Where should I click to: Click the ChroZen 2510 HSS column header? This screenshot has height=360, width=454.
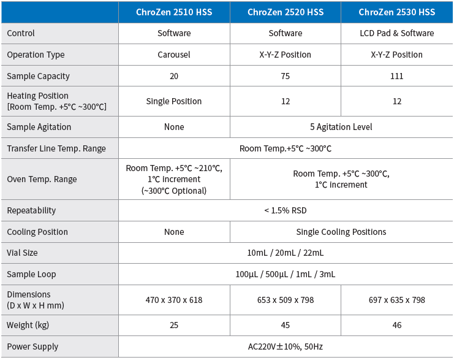(x=174, y=12)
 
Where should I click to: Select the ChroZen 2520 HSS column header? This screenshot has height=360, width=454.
(x=286, y=12)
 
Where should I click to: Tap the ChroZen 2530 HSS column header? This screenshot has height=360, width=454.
(x=397, y=12)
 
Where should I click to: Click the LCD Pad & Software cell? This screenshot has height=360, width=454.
(x=397, y=33)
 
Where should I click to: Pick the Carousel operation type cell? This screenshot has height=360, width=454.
(x=174, y=55)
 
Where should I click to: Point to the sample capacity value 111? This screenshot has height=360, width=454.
(x=397, y=76)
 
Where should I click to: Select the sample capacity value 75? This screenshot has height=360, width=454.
(x=285, y=76)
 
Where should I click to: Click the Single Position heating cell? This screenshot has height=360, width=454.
(x=174, y=101)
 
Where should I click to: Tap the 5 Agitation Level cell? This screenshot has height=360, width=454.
(x=341, y=127)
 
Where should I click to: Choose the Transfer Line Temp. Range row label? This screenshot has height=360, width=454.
(x=56, y=148)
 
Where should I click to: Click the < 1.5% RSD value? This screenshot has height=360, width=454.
(x=286, y=210)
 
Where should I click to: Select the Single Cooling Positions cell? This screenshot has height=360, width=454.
(x=341, y=232)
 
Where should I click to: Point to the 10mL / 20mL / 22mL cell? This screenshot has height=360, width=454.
(x=286, y=253)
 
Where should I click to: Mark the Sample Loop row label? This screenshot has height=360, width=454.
(x=31, y=274)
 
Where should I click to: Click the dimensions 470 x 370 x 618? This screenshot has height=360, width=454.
(x=174, y=300)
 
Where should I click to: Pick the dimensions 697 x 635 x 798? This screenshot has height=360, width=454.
(x=397, y=300)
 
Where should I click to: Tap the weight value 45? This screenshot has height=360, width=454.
(x=285, y=325)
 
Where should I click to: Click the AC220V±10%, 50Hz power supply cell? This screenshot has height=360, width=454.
(x=286, y=347)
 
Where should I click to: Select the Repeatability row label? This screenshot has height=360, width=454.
(x=31, y=210)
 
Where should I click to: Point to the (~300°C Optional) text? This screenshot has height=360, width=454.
(x=174, y=191)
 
